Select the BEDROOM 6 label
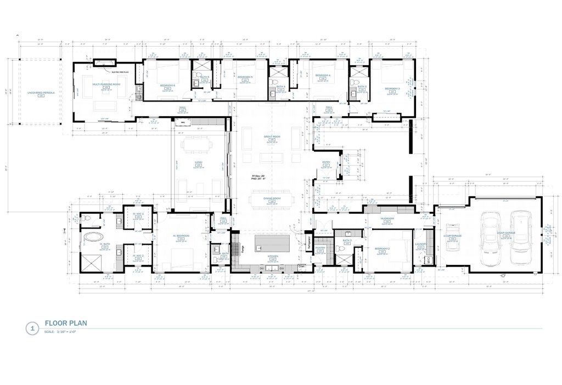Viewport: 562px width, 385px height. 167,86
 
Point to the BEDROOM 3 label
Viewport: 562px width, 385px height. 392,88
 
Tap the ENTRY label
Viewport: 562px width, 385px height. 326,162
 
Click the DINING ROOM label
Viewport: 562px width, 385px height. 272,199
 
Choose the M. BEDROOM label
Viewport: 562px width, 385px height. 181,236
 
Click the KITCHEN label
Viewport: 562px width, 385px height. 273,256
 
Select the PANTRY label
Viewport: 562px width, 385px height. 321,248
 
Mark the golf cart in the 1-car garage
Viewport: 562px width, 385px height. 453,236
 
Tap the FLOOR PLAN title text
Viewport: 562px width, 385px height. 66,323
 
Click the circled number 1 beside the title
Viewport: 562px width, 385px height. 32,329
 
